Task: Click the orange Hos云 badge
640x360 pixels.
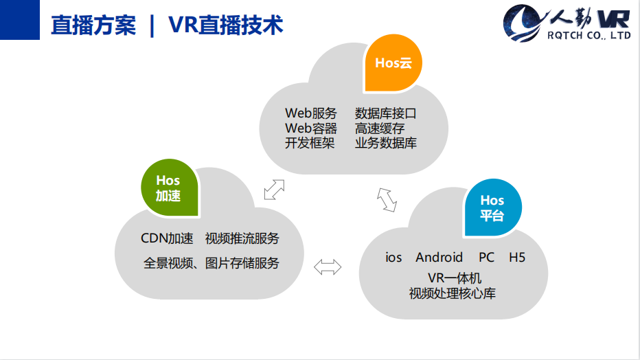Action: [393, 63]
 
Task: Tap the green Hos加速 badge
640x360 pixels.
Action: [170, 188]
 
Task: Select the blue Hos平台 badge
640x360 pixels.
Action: [492, 207]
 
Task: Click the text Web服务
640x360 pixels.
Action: [311, 113]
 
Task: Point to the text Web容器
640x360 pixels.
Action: [311, 128]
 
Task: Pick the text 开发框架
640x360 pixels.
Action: [310, 143]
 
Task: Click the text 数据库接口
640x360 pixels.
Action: [386, 113]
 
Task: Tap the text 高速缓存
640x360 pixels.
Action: [380, 128]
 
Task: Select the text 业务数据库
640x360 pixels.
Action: [386, 143]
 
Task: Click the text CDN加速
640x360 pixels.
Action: [167, 238]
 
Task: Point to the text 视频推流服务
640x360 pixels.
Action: [242, 238]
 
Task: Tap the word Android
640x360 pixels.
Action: [439, 258]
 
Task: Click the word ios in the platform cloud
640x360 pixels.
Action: [393, 258]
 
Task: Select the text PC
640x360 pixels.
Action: [487, 258]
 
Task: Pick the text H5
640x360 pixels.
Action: [517, 258]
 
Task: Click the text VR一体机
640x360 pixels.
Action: [455, 278]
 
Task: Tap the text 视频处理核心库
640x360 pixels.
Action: [453, 293]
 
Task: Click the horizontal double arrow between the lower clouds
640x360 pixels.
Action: [328, 267]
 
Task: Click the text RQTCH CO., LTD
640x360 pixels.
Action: [589, 36]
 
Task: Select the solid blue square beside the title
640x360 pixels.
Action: [20, 20]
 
